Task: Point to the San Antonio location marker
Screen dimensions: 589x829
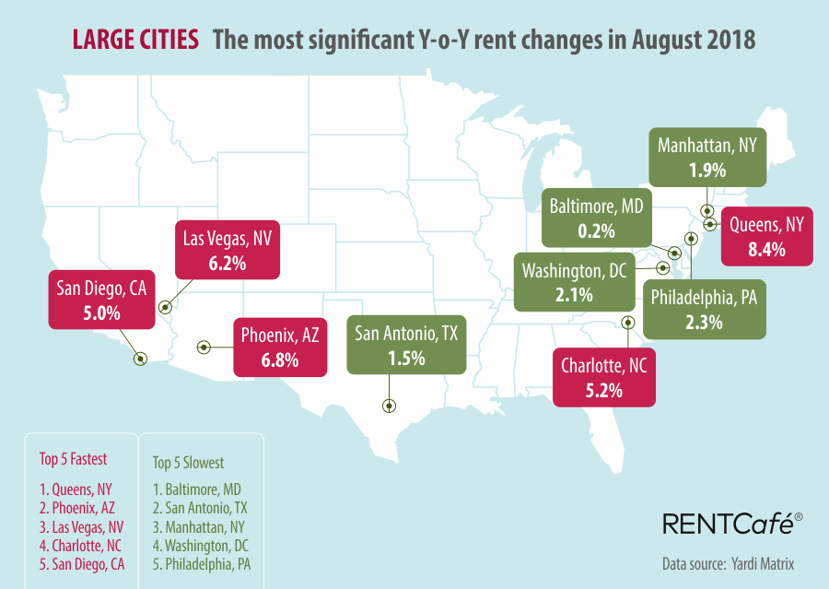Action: (x=389, y=405)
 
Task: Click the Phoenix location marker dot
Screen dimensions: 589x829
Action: (x=204, y=347)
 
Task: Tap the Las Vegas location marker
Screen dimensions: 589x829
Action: (x=165, y=308)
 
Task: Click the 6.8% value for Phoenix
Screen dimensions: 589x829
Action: (x=280, y=360)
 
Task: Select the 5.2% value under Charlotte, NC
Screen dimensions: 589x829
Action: (x=604, y=390)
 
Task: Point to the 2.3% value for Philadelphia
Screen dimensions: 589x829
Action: (x=704, y=323)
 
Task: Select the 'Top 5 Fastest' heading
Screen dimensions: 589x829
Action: (x=73, y=458)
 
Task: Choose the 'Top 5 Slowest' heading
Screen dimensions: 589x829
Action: (x=187, y=462)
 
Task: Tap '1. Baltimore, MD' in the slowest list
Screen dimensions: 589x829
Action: (x=196, y=489)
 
